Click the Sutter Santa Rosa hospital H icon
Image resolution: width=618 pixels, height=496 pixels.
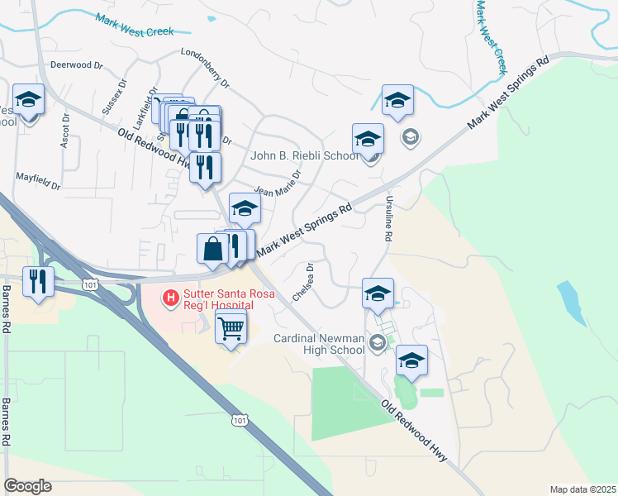click(x=171, y=296)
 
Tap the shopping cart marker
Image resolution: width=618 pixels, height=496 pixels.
click(x=231, y=327)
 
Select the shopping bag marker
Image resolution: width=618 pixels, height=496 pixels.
click(x=212, y=249)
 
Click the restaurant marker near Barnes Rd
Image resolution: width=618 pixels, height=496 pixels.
click(x=38, y=282)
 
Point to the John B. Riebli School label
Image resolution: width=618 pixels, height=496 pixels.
click(x=305, y=155)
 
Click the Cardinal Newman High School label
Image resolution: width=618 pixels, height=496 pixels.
click(x=320, y=343)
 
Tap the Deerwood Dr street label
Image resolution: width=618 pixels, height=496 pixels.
click(x=75, y=64)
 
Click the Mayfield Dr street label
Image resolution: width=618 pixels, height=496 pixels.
click(x=38, y=181)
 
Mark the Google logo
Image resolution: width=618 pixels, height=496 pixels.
click(x=28, y=486)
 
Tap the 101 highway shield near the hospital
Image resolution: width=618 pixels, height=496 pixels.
click(x=88, y=284)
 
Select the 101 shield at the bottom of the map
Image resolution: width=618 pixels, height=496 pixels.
click(x=240, y=421)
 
